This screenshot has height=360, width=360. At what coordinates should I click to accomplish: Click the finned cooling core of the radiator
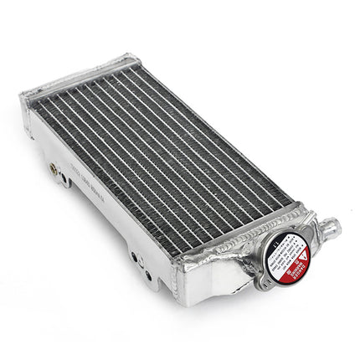point(159,142)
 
